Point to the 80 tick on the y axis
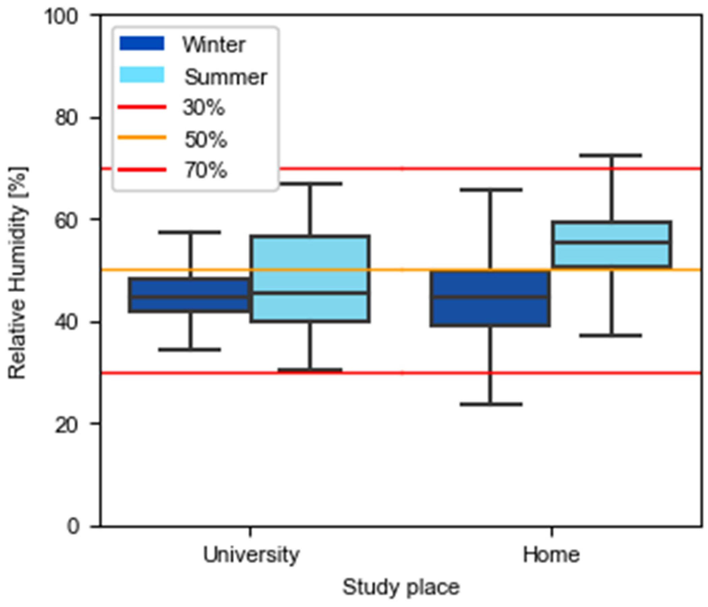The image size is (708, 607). (66, 118)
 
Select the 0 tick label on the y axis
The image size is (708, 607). (73, 526)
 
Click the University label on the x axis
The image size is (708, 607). (251, 555)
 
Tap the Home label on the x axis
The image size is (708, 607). (551, 555)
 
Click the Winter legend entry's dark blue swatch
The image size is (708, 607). (142, 44)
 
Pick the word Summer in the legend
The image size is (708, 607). (226, 77)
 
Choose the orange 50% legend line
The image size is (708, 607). (142, 138)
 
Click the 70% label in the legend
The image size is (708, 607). (206, 170)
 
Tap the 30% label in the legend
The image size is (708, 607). (204, 108)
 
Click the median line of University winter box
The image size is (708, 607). (190, 297)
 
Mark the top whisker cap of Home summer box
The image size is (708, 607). (611, 155)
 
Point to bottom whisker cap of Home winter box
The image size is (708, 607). (491, 404)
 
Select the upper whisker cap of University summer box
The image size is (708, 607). (310, 184)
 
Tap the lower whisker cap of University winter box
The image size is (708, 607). (190, 350)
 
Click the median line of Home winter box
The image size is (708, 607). (491, 297)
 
